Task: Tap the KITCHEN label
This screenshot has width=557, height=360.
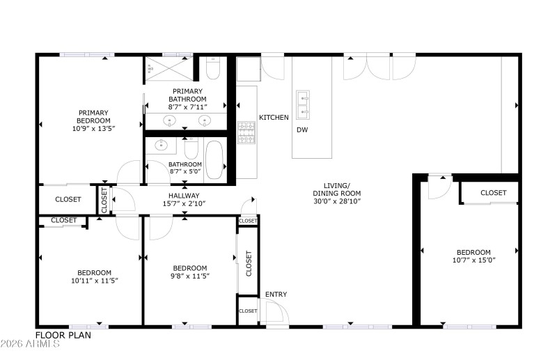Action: (274, 118)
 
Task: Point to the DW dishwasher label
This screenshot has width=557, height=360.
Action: (302, 130)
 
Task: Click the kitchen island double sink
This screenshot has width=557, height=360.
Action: (303, 104)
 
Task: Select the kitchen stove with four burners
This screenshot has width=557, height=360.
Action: (246, 132)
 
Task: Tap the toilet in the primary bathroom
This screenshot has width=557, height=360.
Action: (213, 68)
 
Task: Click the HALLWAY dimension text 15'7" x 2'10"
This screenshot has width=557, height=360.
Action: (184, 204)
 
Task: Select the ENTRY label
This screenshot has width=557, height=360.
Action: (276, 295)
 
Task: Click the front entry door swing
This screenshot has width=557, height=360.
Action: (273, 313)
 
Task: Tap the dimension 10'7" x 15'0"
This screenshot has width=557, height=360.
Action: (473, 260)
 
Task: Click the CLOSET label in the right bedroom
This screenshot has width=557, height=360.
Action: (493, 193)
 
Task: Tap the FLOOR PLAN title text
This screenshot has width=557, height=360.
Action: (63, 335)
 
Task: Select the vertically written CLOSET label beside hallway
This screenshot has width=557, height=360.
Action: (104, 199)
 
